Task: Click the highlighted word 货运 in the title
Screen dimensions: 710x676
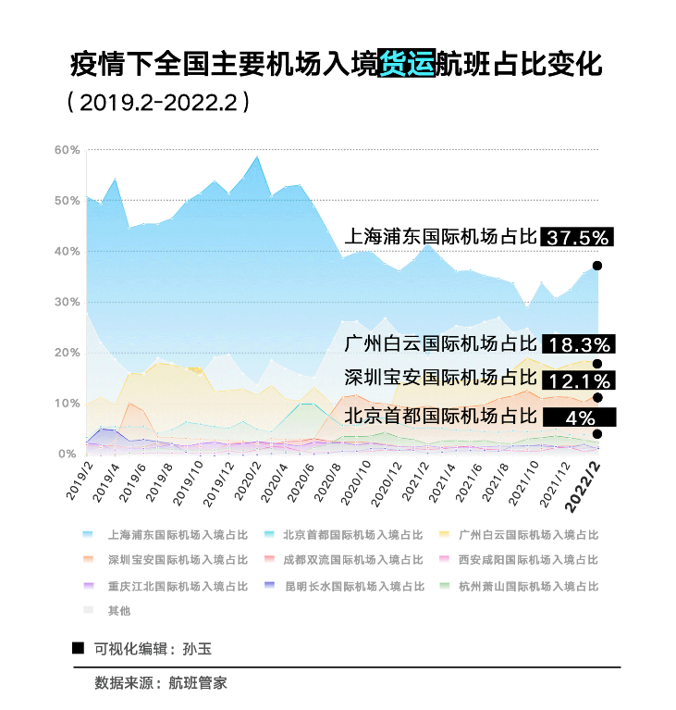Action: click(x=406, y=66)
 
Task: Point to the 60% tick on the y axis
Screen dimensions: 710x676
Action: click(x=67, y=150)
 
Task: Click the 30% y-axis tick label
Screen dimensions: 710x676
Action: click(x=67, y=303)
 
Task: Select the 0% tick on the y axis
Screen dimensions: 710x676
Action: click(x=67, y=454)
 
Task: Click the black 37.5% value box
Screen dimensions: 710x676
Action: click(x=578, y=238)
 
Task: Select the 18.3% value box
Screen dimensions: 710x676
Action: click(x=578, y=344)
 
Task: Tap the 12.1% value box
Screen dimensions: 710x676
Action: click(x=578, y=380)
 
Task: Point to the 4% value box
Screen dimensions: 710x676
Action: click(x=578, y=417)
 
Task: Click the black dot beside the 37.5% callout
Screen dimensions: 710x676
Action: click(x=597, y=266)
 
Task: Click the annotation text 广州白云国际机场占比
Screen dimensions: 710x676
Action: click(x=440, y=344)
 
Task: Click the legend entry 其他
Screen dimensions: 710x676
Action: click(x=119, y=611)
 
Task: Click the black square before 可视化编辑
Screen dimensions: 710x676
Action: click(x=78, y=647)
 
